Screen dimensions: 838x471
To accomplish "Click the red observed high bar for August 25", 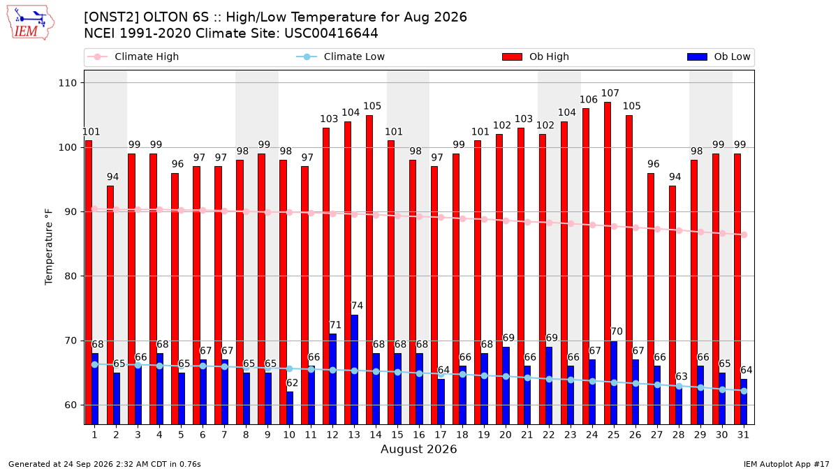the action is [607, 263].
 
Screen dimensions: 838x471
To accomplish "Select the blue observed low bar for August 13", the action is [354, 369].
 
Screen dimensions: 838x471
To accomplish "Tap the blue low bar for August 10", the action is [290, 408].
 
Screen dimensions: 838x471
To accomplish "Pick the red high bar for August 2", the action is [110, 305].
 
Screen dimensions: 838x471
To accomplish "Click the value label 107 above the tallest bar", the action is [610, 93].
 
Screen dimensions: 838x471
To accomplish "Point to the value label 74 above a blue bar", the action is [357, 306].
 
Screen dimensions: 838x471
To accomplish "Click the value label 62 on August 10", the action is [292, 383].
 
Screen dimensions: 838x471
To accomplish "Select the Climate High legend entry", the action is [133, 57].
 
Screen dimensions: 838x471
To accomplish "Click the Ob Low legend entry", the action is [719, 57].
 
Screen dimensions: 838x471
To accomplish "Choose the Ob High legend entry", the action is [536, 57].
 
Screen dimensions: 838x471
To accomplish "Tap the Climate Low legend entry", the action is [341, 57].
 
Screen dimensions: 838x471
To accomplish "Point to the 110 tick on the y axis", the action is [67, 83].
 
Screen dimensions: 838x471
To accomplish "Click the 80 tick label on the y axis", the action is [71, 276].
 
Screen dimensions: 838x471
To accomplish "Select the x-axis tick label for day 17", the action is [441, 435].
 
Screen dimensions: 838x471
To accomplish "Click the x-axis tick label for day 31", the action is [743, 435].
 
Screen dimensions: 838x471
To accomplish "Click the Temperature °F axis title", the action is [49, 247].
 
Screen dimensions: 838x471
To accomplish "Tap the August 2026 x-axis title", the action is [418, 449].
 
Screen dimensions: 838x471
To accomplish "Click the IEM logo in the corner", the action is [30, 22].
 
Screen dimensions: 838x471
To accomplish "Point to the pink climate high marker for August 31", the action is [744, 234].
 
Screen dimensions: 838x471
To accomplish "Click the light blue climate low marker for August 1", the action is [95, 364].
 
